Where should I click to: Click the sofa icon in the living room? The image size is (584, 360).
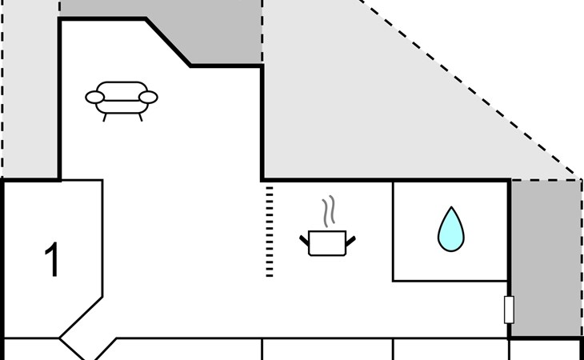pos(122,97)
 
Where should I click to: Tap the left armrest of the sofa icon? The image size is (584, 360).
pos(95,98)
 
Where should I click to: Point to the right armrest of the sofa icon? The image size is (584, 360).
pos(148,98)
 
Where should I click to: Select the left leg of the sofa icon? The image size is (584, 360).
pos(106,116)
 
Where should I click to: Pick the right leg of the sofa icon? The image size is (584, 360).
pos(140,116)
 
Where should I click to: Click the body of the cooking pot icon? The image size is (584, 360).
pos(327,242)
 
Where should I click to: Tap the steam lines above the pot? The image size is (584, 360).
pos(327,213)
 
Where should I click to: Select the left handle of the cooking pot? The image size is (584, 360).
pos(305,239)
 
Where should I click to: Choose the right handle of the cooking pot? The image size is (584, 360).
pos(350,239)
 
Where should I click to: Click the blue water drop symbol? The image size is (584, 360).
pos(450,229)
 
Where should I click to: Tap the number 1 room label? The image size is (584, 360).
pos(52,261)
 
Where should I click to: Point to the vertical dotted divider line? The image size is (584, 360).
pos(270,232)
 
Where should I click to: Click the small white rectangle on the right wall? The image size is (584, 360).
pos(509,310)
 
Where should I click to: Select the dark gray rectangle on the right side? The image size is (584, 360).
pos(546,258)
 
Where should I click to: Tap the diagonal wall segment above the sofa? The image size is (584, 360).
pos(169,42)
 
